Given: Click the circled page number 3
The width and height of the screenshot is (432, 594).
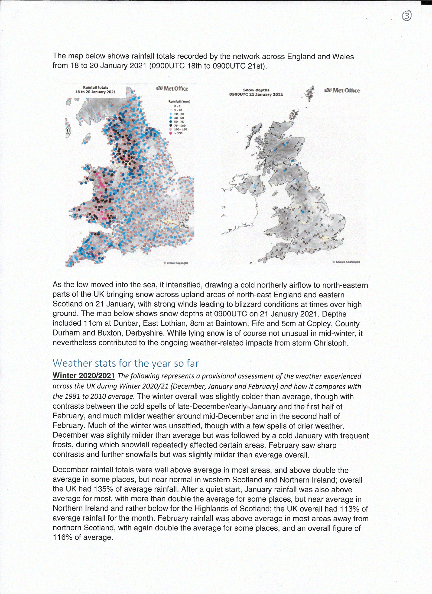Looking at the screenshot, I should (406, 16).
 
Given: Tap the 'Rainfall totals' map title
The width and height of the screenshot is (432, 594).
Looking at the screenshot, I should (95, 90).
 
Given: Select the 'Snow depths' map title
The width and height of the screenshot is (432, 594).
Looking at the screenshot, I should (256, 92).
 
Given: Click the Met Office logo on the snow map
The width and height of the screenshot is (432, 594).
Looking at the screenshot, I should (342, 91).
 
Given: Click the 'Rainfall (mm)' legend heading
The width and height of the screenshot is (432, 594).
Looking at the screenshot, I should (179, 101).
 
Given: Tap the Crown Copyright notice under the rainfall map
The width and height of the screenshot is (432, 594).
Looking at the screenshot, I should (175, 263).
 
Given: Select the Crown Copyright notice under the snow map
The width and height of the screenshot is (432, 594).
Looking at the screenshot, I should (346, 262).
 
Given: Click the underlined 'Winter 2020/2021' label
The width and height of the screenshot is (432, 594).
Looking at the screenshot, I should (84, 376).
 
